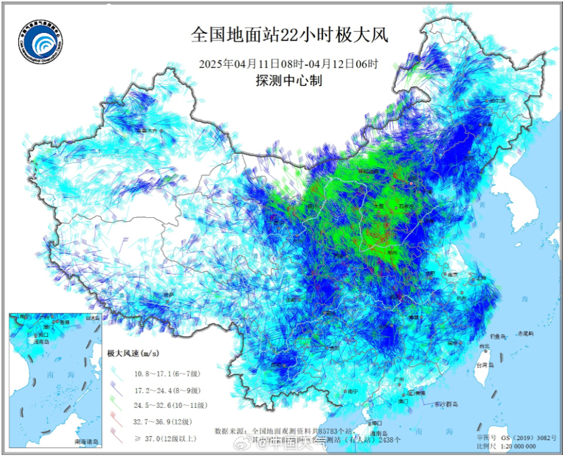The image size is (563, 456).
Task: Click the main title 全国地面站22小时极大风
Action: tap(289, 35)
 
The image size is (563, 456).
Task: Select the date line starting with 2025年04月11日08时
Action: tap(289, 64)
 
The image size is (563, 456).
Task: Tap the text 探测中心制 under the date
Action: tap(289, 81)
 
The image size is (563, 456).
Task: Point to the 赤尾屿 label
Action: tap(525, 333)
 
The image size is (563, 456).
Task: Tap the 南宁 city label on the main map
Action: tap(352, 390)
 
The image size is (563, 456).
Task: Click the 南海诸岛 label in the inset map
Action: tap(87, 441)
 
